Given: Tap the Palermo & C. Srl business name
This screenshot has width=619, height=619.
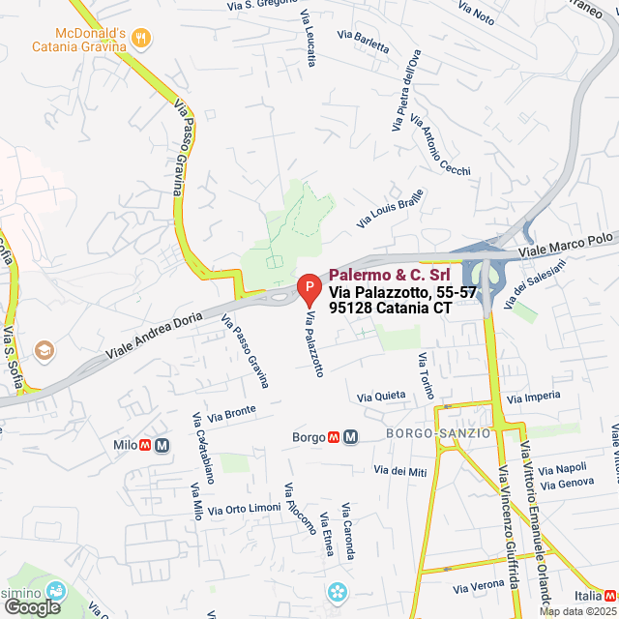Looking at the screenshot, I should pyautogui.click(x=389, y=275).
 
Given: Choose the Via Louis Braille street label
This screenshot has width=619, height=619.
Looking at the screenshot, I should pyautogui.click(x=390, y=208).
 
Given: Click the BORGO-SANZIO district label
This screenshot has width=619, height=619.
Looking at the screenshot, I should pyautogui.click(x=438, y=433).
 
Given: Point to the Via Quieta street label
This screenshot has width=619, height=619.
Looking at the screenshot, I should pyautogui.click(x=381, y=397).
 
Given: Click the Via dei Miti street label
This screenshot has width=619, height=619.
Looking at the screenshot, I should pyautogui.click(x=400, y=471).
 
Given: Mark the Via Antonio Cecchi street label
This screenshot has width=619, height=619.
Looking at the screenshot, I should pyautogui.click(x=441, y=146).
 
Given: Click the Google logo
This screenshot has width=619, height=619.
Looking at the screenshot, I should pyautogui.click(x=32, y=607).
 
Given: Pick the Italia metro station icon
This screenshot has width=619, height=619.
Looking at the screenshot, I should pyautogui.click(x=609, y=596).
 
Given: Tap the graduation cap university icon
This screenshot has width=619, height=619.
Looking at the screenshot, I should pyautogui.click(x=44, y=348).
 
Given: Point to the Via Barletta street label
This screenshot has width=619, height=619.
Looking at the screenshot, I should pyautogui.click(x=364, y=41).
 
